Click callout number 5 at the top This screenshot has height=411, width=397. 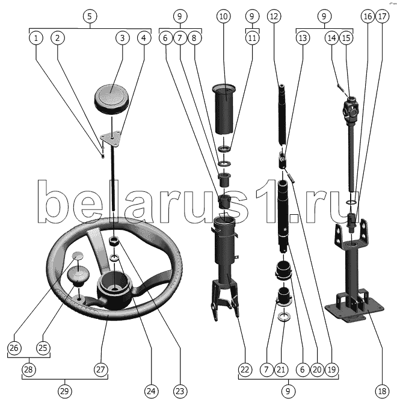click(90, 16)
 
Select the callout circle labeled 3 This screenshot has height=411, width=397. click(122, 38)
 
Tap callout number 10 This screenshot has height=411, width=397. click(223, 16)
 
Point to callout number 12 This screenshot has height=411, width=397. click(274, 16)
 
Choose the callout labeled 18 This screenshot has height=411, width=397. click(382, 391)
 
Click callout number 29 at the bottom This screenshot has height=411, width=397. click(64, 391)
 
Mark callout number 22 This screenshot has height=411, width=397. click(245, 369)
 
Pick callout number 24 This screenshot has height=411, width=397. click(151, 391)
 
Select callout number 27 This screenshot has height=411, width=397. click(100, 369)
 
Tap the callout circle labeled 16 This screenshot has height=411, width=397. click(368, 16)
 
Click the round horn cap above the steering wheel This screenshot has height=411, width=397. click(112, 99)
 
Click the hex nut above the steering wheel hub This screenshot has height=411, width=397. click(114, 240)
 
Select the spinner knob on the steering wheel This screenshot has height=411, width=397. click(78, 275)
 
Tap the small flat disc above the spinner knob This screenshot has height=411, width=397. click(78, 255)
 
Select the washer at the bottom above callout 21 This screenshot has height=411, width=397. click(283, 316)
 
